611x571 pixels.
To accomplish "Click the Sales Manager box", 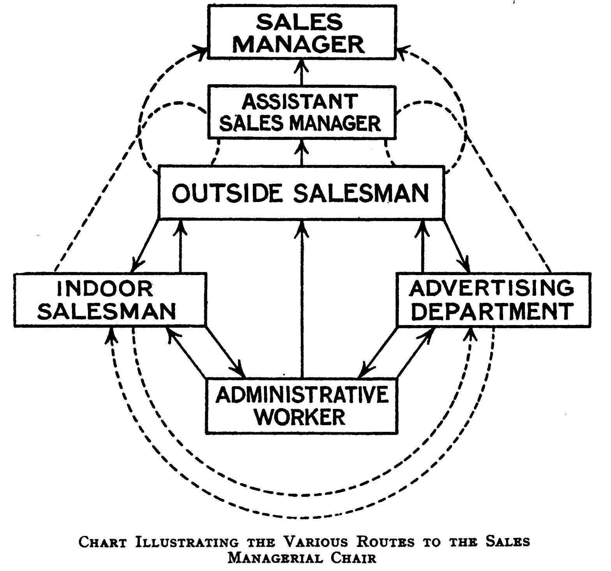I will [x=302, y=32].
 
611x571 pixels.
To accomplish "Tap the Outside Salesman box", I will [x=301, y=192].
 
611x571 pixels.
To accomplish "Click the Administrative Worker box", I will [x=302, y=405].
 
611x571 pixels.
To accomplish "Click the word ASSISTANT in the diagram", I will [x=299, y=102].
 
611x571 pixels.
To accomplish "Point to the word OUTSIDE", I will [x=227, y=193].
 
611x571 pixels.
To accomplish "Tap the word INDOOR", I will [x=105, y=289].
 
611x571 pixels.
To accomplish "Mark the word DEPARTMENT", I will [x=493, y=311].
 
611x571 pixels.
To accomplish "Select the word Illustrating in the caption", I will [x=187, y=542].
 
